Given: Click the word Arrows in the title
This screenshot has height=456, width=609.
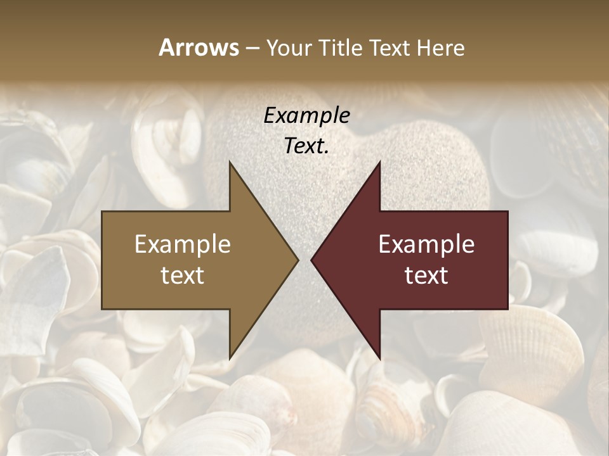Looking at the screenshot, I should (199, 47).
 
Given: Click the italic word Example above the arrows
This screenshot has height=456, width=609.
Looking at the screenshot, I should (307, 116).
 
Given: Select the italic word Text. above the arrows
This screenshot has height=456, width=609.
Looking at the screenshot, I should (307, 146).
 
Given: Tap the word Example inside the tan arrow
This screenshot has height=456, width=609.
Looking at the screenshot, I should (183, 244).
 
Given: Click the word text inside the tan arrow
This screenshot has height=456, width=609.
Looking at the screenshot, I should (183, 275).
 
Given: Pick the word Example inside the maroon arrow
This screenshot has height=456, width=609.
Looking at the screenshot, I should (426, 244).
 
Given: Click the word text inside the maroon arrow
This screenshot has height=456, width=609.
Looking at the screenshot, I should (426, 275).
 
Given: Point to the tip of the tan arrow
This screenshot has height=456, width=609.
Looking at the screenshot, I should (296, 260).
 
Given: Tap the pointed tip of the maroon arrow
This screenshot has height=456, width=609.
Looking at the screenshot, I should (313, 260).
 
